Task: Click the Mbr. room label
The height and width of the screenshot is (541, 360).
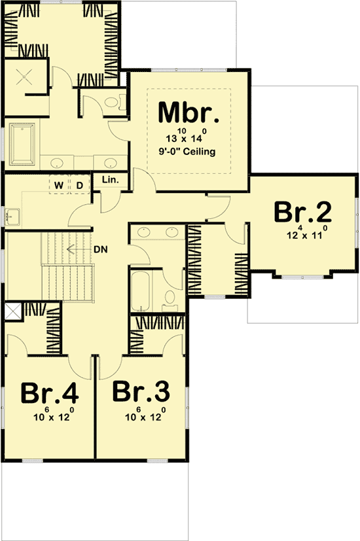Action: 189,113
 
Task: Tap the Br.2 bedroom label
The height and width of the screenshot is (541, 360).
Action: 302,213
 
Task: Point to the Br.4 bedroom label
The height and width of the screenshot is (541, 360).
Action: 50,393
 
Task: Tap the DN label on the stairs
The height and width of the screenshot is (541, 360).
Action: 100,249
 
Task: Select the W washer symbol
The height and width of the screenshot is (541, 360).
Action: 59,186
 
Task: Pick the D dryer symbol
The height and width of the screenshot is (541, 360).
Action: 79,186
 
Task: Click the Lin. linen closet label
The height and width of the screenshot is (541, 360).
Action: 109,180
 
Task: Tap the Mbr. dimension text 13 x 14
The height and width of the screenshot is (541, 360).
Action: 189,137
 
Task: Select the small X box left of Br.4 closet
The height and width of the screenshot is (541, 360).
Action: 12,311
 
